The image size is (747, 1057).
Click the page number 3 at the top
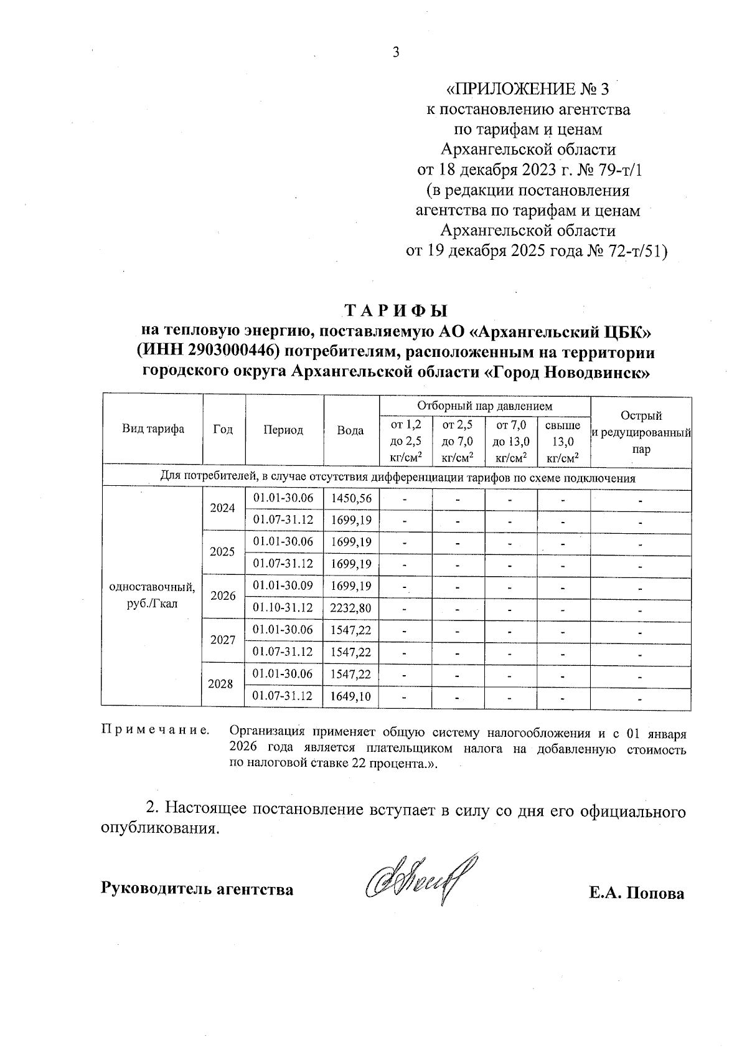pos(395,52)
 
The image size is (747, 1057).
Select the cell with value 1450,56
pos(352,498)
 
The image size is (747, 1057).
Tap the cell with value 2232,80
pos(352,608)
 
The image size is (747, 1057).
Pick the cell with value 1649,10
pos(352,696)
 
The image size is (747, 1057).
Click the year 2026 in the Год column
pos(223,596)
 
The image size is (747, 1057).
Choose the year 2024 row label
pos(223,508)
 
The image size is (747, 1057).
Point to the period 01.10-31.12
pos(283,607)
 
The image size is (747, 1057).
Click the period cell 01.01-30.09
pos(283,585)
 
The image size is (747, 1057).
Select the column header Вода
pos(350,430)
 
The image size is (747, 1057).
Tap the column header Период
pos(283,430)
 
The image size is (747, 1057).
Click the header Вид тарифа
pos(153,429)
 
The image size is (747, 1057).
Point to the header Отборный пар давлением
pos(484,406)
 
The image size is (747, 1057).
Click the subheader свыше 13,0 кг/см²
pos(563,442)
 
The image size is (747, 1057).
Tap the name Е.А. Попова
pos(637,894)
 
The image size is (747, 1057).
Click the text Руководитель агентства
pos(197,889)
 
